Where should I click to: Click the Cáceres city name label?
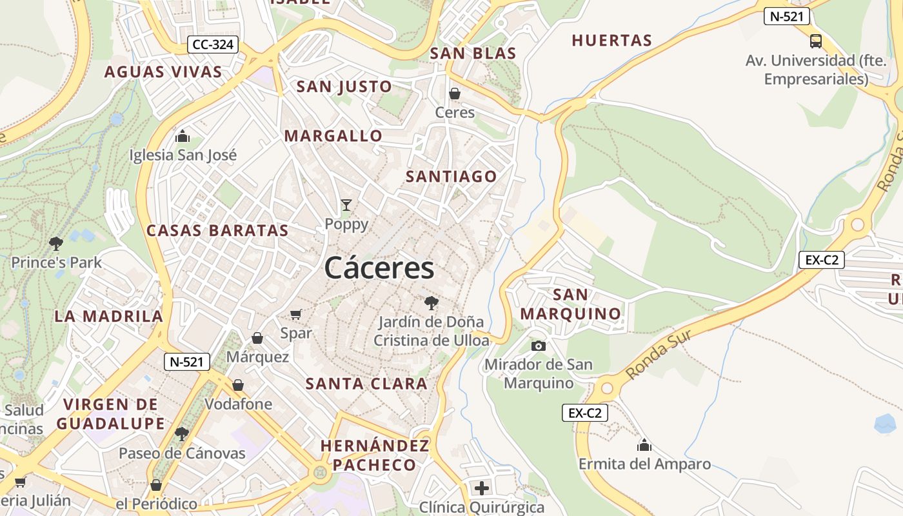(x=379, y=267)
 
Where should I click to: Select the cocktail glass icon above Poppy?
(x=346, y=205)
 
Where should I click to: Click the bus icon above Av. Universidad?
(x=816, y=41)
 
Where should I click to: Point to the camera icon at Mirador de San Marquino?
(x=539, y=346)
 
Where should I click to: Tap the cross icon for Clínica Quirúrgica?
(x=481, y=488)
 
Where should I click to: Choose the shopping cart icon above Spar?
(x=296, y=314)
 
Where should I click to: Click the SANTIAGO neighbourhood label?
(x=451, y=177)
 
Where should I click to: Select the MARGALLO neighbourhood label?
(x=333, y=136)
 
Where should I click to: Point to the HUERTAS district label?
(x=612, y=41)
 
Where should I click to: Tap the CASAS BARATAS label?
(x=217, y=230)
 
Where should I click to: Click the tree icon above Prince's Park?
(x=56, y=243)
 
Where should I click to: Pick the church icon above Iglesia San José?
(x=183, y=136)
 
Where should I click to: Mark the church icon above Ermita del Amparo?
(x=644, y=445)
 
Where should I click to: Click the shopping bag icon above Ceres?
(x=455, y=94)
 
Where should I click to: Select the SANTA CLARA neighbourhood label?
(x=366, y=384)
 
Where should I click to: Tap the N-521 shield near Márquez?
(x=187, y=362)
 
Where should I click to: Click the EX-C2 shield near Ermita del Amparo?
(x=585, y=413)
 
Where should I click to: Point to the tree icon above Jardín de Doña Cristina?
(x=431, y=303)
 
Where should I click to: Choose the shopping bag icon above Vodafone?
(x=238, y=385)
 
